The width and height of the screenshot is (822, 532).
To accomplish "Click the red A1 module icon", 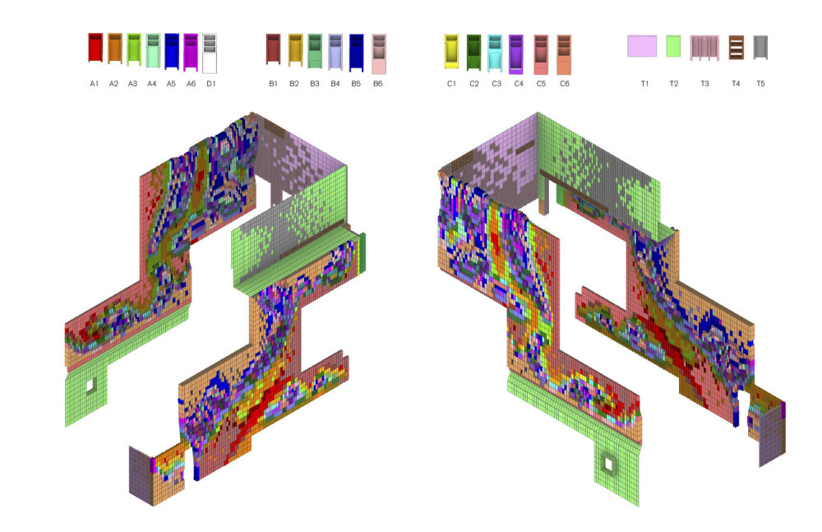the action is (95, 48).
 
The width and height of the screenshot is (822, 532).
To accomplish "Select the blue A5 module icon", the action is (172, 51).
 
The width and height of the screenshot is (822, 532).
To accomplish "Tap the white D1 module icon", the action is (209, 53).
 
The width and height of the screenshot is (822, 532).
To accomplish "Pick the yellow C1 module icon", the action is (451, 52).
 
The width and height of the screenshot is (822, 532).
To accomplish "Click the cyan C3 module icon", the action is (495, 53).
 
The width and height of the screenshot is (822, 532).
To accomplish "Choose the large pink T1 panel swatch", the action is (642, 46).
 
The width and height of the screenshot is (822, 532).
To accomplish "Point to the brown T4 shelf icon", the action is (736, 47).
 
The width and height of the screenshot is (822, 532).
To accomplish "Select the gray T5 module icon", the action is (760, 47).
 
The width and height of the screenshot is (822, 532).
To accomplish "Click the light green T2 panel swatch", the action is (673, 46).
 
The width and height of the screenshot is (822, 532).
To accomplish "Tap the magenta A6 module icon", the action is (191, 52).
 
